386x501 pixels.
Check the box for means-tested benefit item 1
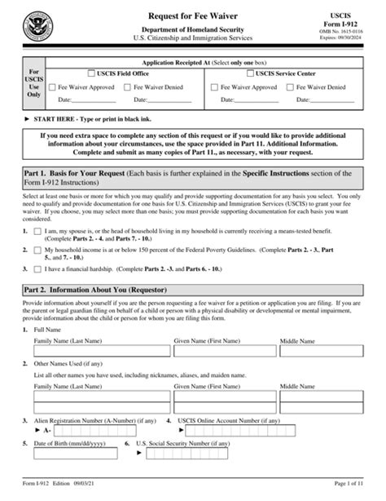click(39, 233)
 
